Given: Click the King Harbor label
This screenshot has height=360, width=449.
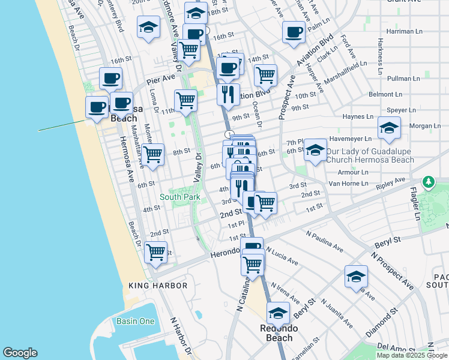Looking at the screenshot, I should pyautogui.click(x=158, y=286).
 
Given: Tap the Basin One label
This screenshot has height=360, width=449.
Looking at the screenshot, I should pyautogui.click(x=135, y=321).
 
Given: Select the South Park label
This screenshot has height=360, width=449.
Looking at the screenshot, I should pyautogui.click(x=179, y=197).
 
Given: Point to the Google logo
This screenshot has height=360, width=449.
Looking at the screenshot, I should pyautogui.click(x=20, y=353).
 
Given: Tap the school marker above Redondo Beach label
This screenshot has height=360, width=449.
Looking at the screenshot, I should pyautogui.click(x=278, y=314).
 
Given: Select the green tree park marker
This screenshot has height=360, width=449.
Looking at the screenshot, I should pyautogui.click(x=428, y=181).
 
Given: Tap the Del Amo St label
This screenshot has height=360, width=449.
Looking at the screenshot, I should pyautogui.click(x=392, y=346).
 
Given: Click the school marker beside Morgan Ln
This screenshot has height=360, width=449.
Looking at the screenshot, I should pyautogui.click(x=389, y=128).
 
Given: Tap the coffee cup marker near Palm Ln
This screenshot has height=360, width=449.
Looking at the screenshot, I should pyautogui.click(x=294, y=32).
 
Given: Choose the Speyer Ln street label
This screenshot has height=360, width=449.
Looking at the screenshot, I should pyautogui.click(x=402, y=110).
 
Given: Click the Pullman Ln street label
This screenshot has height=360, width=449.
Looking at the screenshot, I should pyautogui.click(x=403, y=79).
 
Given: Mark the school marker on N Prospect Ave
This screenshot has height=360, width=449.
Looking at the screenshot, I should pyautogui.click(x=356, y=278).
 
